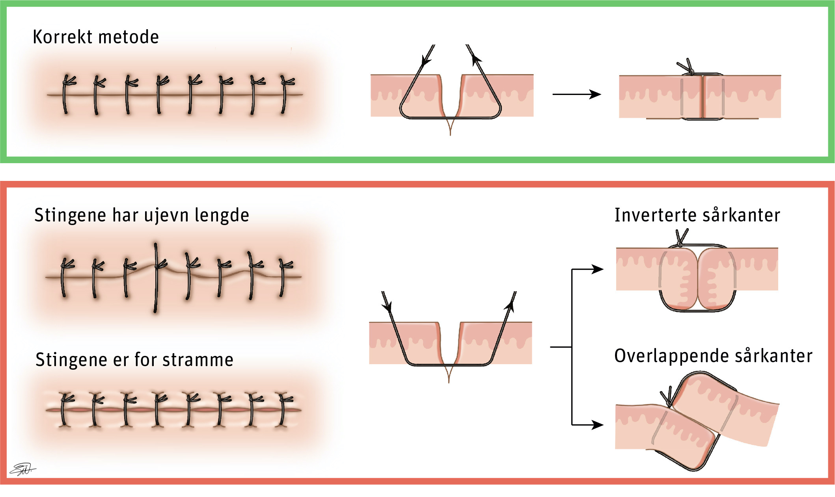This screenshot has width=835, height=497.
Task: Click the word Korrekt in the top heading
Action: click(x=63, y=37)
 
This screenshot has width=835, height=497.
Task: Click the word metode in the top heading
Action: click(x=129, y=37)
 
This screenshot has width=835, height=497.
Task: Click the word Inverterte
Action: click(x=655, y=215)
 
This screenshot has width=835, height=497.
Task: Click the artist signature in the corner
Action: click(x=22, y=469)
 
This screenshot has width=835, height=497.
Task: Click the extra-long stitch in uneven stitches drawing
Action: click(x=156, y=278)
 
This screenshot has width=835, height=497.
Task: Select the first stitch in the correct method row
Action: click(x=66, y=95)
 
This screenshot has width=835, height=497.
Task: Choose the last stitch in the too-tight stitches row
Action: click(x=283, y=410)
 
